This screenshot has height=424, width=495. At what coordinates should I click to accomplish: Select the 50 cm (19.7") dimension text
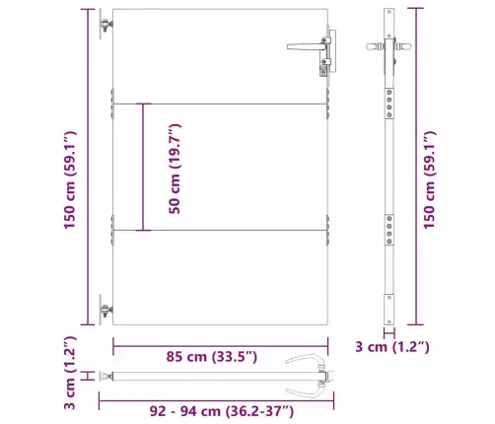(175, 167)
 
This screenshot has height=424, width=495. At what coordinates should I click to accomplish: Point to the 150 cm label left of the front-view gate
(68, 167)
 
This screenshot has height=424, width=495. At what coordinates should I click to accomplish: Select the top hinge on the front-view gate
(105, 27)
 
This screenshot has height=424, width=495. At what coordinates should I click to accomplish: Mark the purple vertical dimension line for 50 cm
(145, 167)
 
